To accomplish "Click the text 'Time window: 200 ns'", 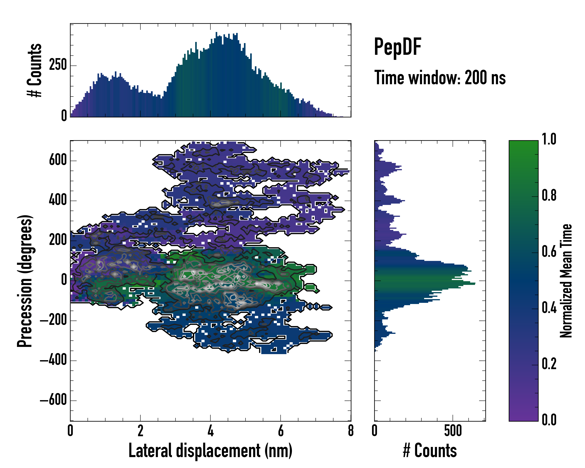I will pyautogui.click(x=440, y=78).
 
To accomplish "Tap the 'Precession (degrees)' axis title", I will pyautogui.click(x=25, y=281).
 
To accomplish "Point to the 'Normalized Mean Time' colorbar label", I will pyautogui.click(x=566, y=281).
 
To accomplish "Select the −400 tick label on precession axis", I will pyautogui.click(x=53, y=360).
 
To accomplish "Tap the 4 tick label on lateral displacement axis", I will pyautogui.click(x=211, y=431).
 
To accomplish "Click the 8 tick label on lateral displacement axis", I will pyautogui.click(x=351, y=431).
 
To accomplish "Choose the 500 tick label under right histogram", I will pyautogui.click(x=453, y=431).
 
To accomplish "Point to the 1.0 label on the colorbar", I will pyautogui.click(x=549, y=139).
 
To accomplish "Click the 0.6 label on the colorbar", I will pyautogui.click(x=549, y=252).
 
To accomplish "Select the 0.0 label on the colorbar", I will pyautogui.click(x=549, y=420).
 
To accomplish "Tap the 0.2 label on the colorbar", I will pyautogui.click(x=549, y=364).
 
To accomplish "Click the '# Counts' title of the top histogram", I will pyautogui.click(x=35, y=70).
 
